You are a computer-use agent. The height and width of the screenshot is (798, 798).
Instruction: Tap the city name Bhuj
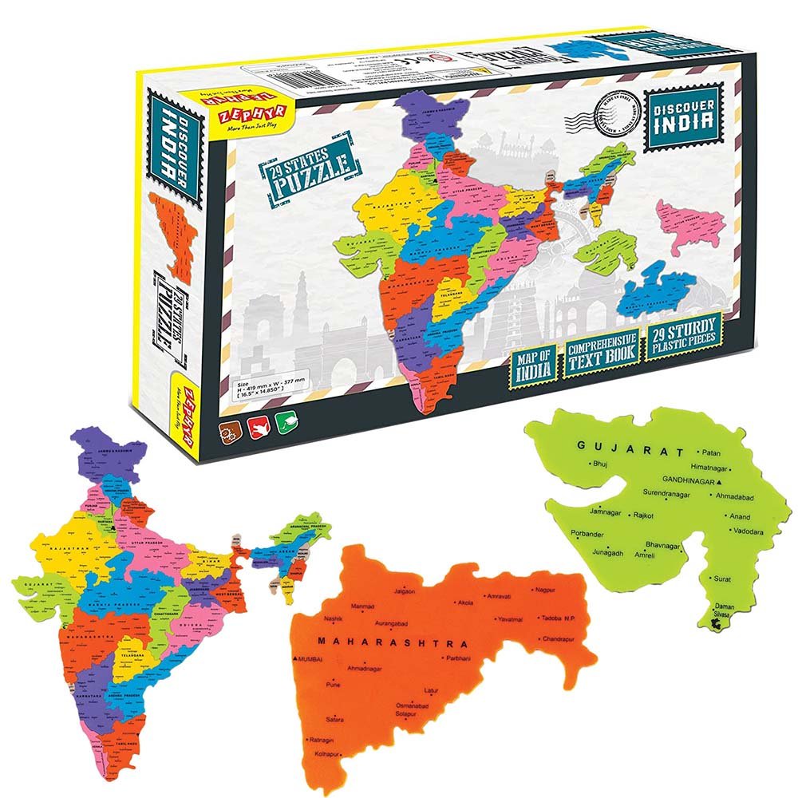[598, 464]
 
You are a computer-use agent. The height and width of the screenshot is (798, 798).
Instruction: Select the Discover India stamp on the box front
[679, 120]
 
